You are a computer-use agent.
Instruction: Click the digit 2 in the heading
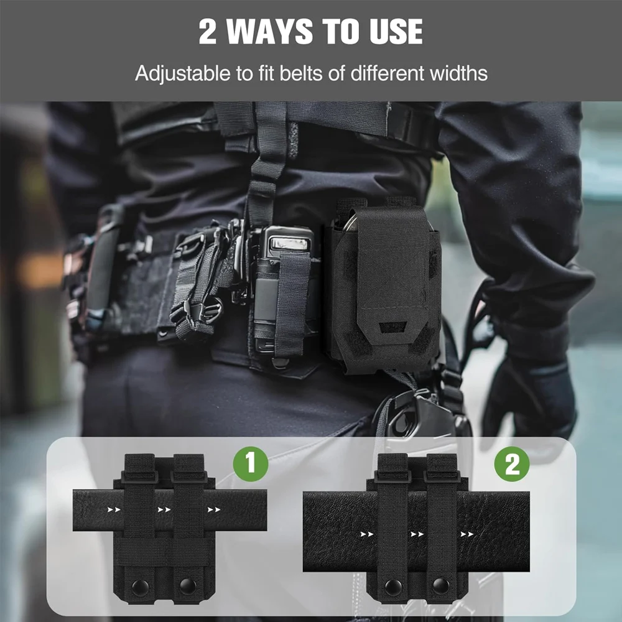[208, 31]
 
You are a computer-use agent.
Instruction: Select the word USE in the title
[396, 31]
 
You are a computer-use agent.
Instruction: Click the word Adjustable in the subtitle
[182, 74]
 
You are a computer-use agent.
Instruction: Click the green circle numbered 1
[250, 464]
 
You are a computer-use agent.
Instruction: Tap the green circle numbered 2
[512, 464]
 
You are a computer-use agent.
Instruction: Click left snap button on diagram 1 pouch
[140, 587]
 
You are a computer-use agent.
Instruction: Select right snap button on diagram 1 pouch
[188, 587]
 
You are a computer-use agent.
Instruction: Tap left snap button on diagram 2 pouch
[393, 587]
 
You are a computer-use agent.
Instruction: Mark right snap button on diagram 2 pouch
[441, 587]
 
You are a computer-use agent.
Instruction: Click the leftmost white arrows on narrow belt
[114, 510]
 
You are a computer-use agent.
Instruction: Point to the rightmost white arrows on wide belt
[467, 534]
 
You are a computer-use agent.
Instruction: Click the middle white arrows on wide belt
[417, 534]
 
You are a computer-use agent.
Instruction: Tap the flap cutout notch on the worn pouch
[392, 327]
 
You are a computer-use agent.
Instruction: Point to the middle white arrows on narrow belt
[164, 510]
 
